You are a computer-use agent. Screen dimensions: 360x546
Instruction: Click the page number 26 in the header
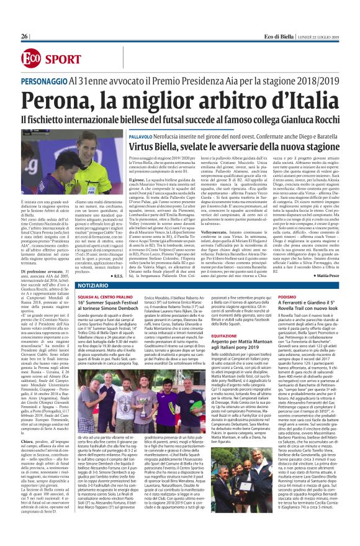(x=25, y=37)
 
